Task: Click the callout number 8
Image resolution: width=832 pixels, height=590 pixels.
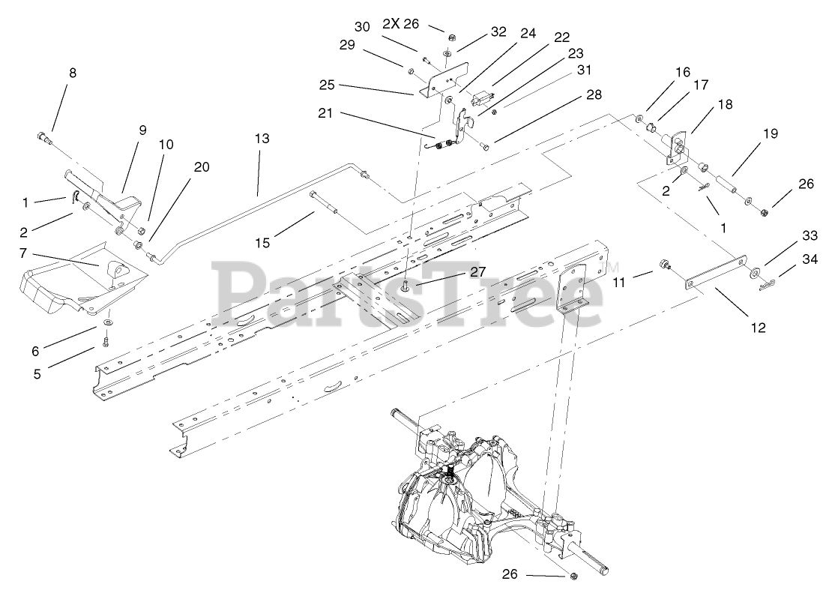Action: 72,73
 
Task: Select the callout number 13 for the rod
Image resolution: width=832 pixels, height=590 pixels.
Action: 261,139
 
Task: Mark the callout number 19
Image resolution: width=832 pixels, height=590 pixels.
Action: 771,134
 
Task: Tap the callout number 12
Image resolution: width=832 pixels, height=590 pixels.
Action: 758,327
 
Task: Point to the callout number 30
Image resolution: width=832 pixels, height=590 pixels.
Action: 362,27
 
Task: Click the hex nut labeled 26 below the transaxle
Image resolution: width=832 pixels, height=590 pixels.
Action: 573,576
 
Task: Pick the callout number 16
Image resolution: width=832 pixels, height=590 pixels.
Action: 681,73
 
